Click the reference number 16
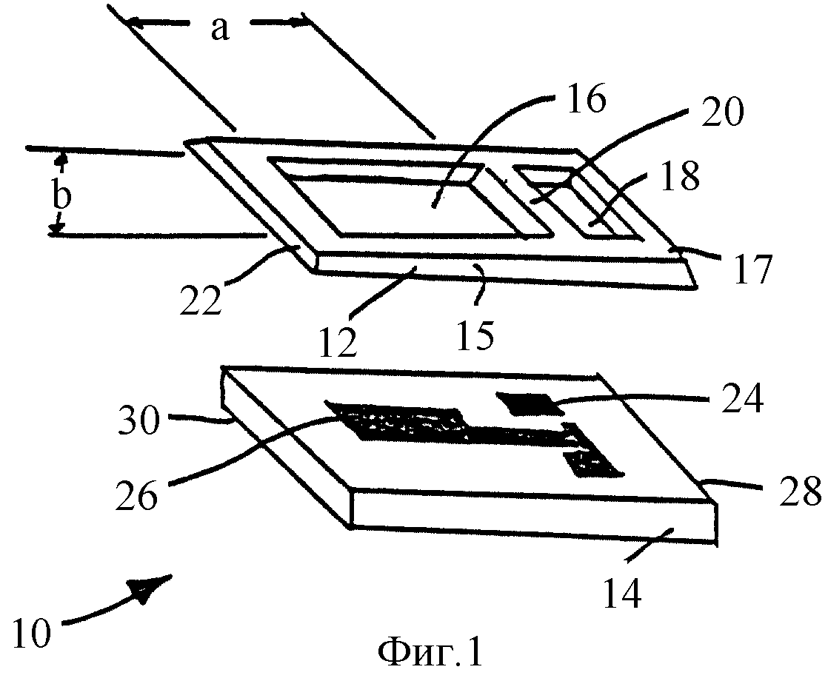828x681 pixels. (x=586, y=98)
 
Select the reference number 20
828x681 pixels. (x=722, y=113)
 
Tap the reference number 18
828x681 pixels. (x=680, y=176)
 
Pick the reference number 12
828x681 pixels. (x=338, y=343)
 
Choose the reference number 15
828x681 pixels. (x=475, y=336)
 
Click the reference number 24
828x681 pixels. (x=743, y=400)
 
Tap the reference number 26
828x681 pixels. (x=137, y=496)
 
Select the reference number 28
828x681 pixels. (x=801, y=491)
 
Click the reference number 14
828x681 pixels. (x=623, y=594)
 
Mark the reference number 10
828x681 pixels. (x=32, y=633)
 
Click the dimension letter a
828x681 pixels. (x=220, y=29)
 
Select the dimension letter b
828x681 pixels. (x=61, y=196)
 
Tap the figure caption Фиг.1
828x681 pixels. (x=430, y=653)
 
